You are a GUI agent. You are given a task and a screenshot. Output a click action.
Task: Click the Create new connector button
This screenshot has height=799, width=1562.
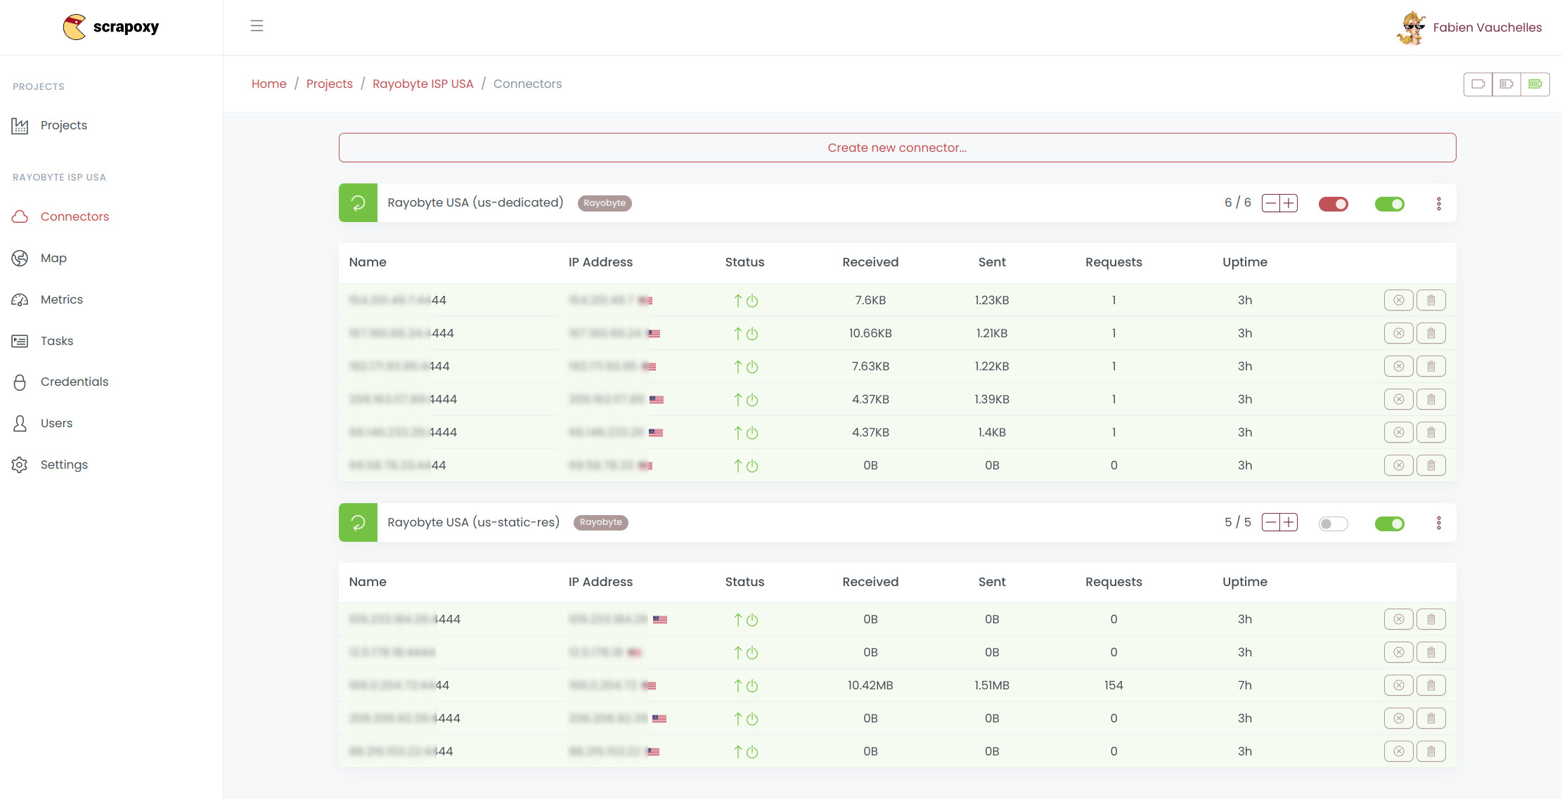point(897,148)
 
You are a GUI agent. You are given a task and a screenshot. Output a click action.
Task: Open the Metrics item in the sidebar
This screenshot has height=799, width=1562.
point(61,299)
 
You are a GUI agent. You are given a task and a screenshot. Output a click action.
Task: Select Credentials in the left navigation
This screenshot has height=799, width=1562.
point(74,382)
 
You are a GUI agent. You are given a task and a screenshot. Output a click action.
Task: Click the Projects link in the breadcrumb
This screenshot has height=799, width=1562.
point(329,84)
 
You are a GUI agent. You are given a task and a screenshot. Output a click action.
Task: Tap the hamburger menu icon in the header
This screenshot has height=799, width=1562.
point(257,26)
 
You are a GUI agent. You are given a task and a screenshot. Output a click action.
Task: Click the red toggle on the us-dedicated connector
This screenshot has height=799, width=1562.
point(1333,204)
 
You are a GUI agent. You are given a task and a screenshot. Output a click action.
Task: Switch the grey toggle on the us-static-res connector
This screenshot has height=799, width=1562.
point(1333,524)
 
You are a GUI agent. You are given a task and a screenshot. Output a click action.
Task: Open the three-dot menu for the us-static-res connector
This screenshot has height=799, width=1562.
point(1438,523)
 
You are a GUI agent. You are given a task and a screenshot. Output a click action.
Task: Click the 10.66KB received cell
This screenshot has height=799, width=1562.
point(870,333)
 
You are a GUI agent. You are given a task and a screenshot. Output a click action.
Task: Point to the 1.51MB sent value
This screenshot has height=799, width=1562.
point(991,685)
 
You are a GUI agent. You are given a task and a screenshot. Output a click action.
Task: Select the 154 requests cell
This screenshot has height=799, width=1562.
point(1113,685)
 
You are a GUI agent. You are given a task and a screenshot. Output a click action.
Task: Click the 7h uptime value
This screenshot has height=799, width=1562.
point(1244,685)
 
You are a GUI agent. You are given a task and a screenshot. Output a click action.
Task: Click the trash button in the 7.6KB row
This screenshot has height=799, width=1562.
point(1431,300)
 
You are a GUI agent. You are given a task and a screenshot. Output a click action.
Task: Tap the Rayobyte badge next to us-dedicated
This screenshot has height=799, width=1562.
point(604,203)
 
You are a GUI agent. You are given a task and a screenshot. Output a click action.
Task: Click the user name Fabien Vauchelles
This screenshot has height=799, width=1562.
point(1487,27)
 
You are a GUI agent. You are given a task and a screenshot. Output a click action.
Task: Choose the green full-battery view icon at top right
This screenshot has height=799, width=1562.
point(1535,84)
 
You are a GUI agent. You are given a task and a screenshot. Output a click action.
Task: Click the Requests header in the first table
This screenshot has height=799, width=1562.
point(1113,262)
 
